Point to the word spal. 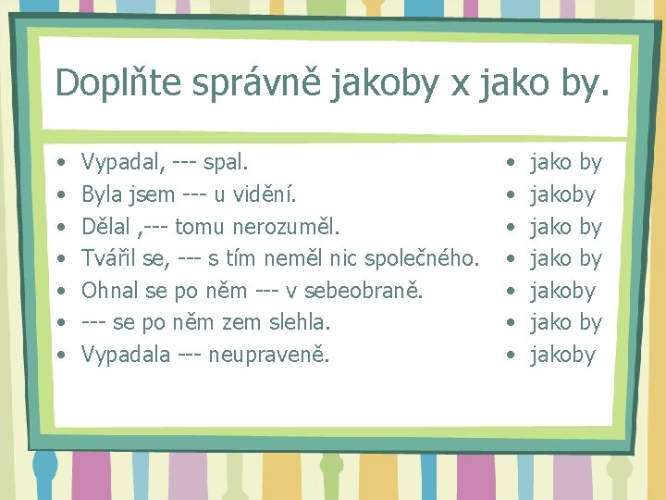point(227,163)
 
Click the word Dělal point(107,227)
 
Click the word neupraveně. point(270,355)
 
